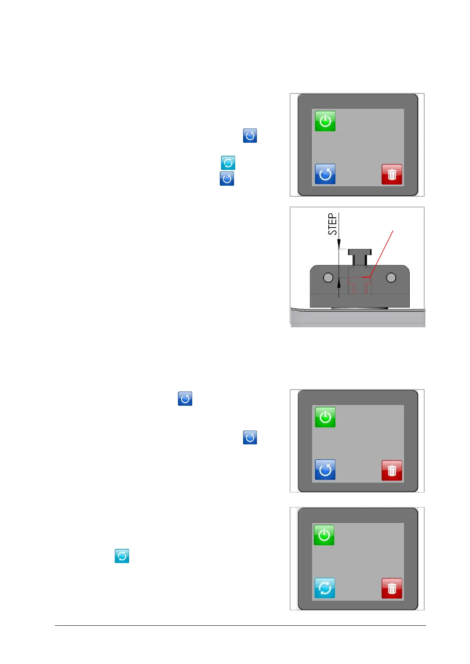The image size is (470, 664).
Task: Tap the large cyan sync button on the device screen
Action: [x=325, y=588]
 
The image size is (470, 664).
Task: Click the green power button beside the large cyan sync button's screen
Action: [x=324, y=535]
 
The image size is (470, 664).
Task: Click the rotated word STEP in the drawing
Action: [x=333, y=224]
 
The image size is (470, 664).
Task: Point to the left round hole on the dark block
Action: [x=328, y=278]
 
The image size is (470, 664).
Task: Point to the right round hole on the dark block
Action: [x=391, y=278]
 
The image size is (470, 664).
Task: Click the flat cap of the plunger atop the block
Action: [x=360, y=252]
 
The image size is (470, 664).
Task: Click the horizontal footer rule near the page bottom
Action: [x=240, y=625]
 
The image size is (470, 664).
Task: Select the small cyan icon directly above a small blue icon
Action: [x=228, y=163]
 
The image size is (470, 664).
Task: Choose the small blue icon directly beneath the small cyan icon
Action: [x=227, y=179]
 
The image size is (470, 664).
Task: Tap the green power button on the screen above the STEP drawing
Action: [x=325, y=121]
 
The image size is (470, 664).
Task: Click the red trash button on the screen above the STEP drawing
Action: [x=392, y=174]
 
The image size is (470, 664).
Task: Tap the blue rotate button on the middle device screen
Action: [x=325, y=470]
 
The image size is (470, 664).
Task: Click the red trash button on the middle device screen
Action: [x=392, y=470]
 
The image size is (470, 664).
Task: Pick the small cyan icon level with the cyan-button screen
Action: [x=122, y=556]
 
